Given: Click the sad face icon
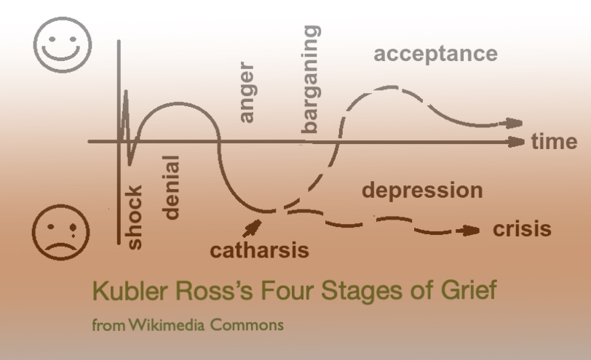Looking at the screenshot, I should click(x=62, y=232).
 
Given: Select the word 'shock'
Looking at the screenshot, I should click(x=135, y=217).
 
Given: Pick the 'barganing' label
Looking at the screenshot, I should click(x=311, y=79).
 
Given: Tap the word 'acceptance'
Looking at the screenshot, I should click(x=435, y=54).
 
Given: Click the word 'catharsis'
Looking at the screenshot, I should click(x=260, y=251).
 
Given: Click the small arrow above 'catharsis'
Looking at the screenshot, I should click(x=253, y=229).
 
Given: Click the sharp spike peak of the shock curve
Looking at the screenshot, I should click(x=125, y=92).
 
